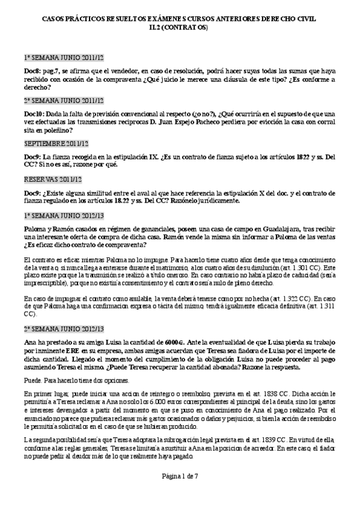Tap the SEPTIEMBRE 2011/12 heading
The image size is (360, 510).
click(x=56, y=143)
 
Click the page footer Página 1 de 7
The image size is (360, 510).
click(x=180, y=493)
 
